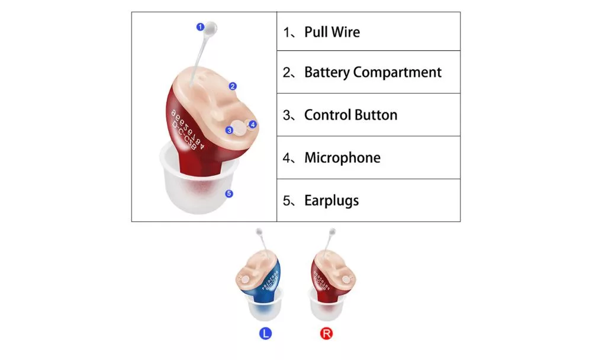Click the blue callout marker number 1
(x=200, y=26)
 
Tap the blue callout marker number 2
(x=233, y=86)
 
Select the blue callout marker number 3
(x=229, y=130)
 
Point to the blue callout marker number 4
(x=253, y=124)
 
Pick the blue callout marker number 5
(x=229, y=193)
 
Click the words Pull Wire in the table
(x=332, y=31)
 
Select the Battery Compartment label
(x=372, y=72)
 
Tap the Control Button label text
(x=350, y=115)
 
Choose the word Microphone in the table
(x=342, y=157)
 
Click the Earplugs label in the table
(x=332, y=200)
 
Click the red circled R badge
(x=326, y=333)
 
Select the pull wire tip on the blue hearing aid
(x=259, y=231)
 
